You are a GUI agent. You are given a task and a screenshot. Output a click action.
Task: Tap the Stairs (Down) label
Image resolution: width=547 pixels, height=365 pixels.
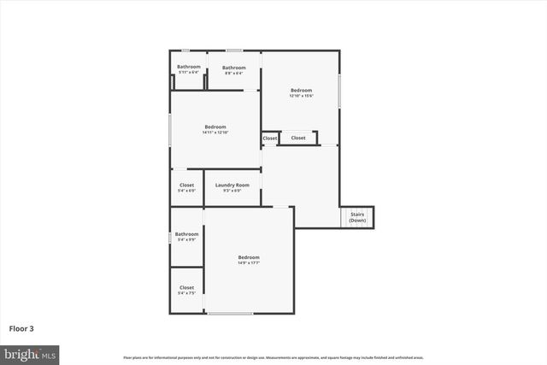[357, 218]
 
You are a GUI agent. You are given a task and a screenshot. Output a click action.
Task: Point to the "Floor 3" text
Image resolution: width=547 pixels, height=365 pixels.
[22, 327]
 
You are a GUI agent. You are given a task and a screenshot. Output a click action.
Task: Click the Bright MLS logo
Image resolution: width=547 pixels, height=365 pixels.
[31, 353]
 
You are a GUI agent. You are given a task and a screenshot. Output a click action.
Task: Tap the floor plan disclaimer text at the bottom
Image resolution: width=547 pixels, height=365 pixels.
[273, 357]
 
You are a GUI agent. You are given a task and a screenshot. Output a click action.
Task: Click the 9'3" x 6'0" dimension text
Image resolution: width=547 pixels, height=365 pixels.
[232, 191]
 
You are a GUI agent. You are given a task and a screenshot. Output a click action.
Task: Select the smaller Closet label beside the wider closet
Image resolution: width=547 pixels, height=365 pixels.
[270, 138]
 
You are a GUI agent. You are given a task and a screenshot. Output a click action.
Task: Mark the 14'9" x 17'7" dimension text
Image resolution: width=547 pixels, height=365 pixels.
[249, 262]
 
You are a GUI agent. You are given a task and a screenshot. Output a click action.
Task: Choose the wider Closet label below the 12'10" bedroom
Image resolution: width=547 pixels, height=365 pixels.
[298, 138]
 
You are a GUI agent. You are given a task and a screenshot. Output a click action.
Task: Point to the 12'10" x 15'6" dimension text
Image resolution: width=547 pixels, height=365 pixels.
[301, 96]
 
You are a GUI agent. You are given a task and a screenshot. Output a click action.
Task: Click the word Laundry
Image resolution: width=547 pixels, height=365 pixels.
[226, 185]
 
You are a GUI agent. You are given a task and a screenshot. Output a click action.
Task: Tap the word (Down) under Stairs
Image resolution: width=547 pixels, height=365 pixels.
[357, 221]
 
